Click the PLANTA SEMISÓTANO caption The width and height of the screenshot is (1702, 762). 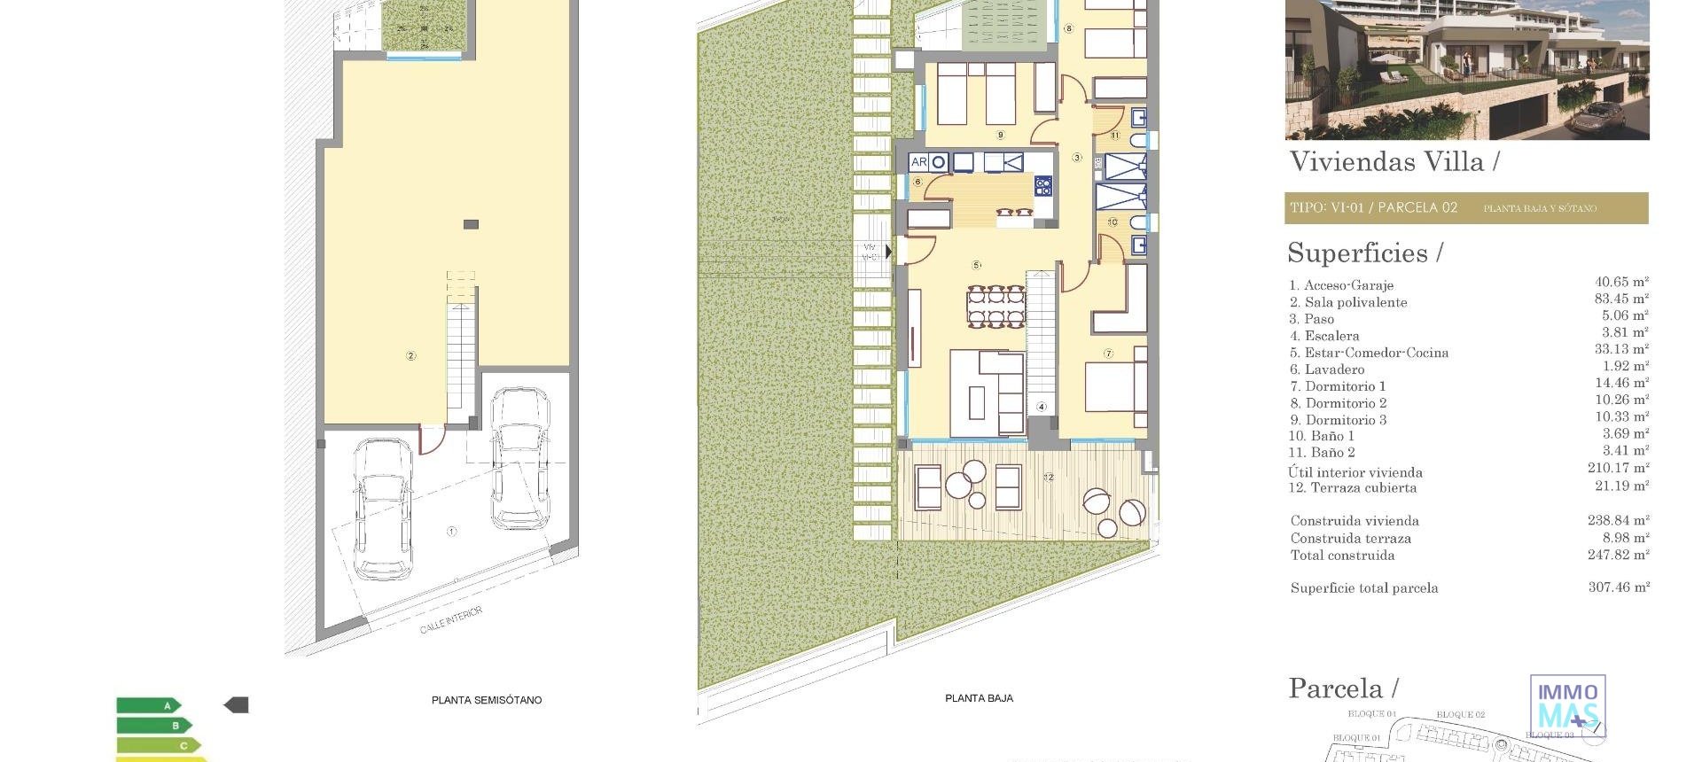pos(487,700)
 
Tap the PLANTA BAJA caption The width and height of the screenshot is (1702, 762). pos(979,698)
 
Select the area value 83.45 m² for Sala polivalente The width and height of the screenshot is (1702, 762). pos(1621,299)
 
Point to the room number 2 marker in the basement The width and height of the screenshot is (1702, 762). pos(410,356)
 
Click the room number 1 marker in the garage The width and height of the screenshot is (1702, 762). pos(451,532)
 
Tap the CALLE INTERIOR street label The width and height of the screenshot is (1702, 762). pos(451,620)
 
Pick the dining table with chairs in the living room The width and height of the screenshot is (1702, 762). pos(995,307)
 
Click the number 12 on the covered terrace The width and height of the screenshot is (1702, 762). pos(1049,477)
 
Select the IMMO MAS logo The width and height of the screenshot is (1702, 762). pos(1567,705)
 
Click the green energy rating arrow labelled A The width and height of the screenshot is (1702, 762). pos(149,706)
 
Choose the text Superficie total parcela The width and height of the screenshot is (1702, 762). pos(1364,588)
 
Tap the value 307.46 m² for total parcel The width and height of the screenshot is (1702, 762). pos(1619,587)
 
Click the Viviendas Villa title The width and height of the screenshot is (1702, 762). pos(1394,162)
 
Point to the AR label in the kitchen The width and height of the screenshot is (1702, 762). pos(918,162)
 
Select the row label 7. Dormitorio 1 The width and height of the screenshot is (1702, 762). pos(1338,386)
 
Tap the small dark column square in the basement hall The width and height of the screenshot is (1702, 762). pos(471,225)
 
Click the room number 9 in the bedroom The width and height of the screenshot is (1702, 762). pos(1000,136)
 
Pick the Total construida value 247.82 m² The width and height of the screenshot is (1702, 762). pos(1618,555)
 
